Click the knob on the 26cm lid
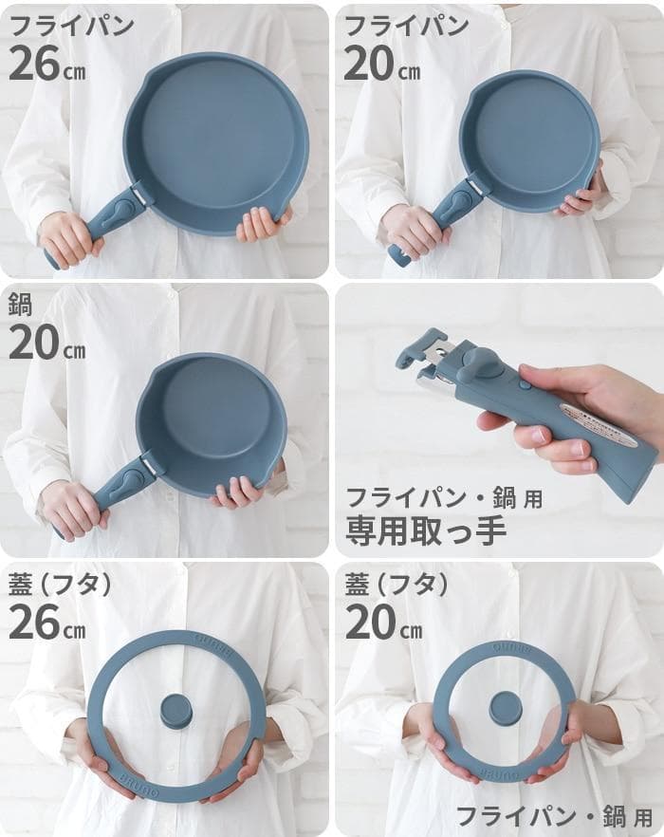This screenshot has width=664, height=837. tap(177, 710)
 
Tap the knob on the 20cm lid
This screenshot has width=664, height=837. tap(505, 708)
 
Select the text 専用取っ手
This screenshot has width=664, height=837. tap(425, 530)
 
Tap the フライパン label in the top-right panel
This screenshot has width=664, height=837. tap(407, 26)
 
